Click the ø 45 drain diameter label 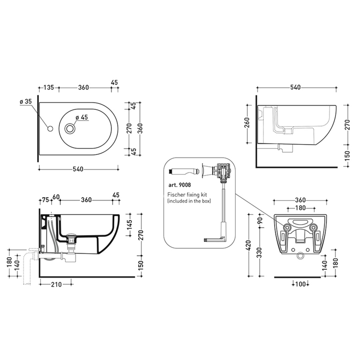[82, 117]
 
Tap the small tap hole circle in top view [50, 129]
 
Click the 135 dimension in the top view [49, 87]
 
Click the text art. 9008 [180, 185]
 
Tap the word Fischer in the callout [176, 195]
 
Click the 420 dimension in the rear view [249, 245]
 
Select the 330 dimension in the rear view [260, 253]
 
